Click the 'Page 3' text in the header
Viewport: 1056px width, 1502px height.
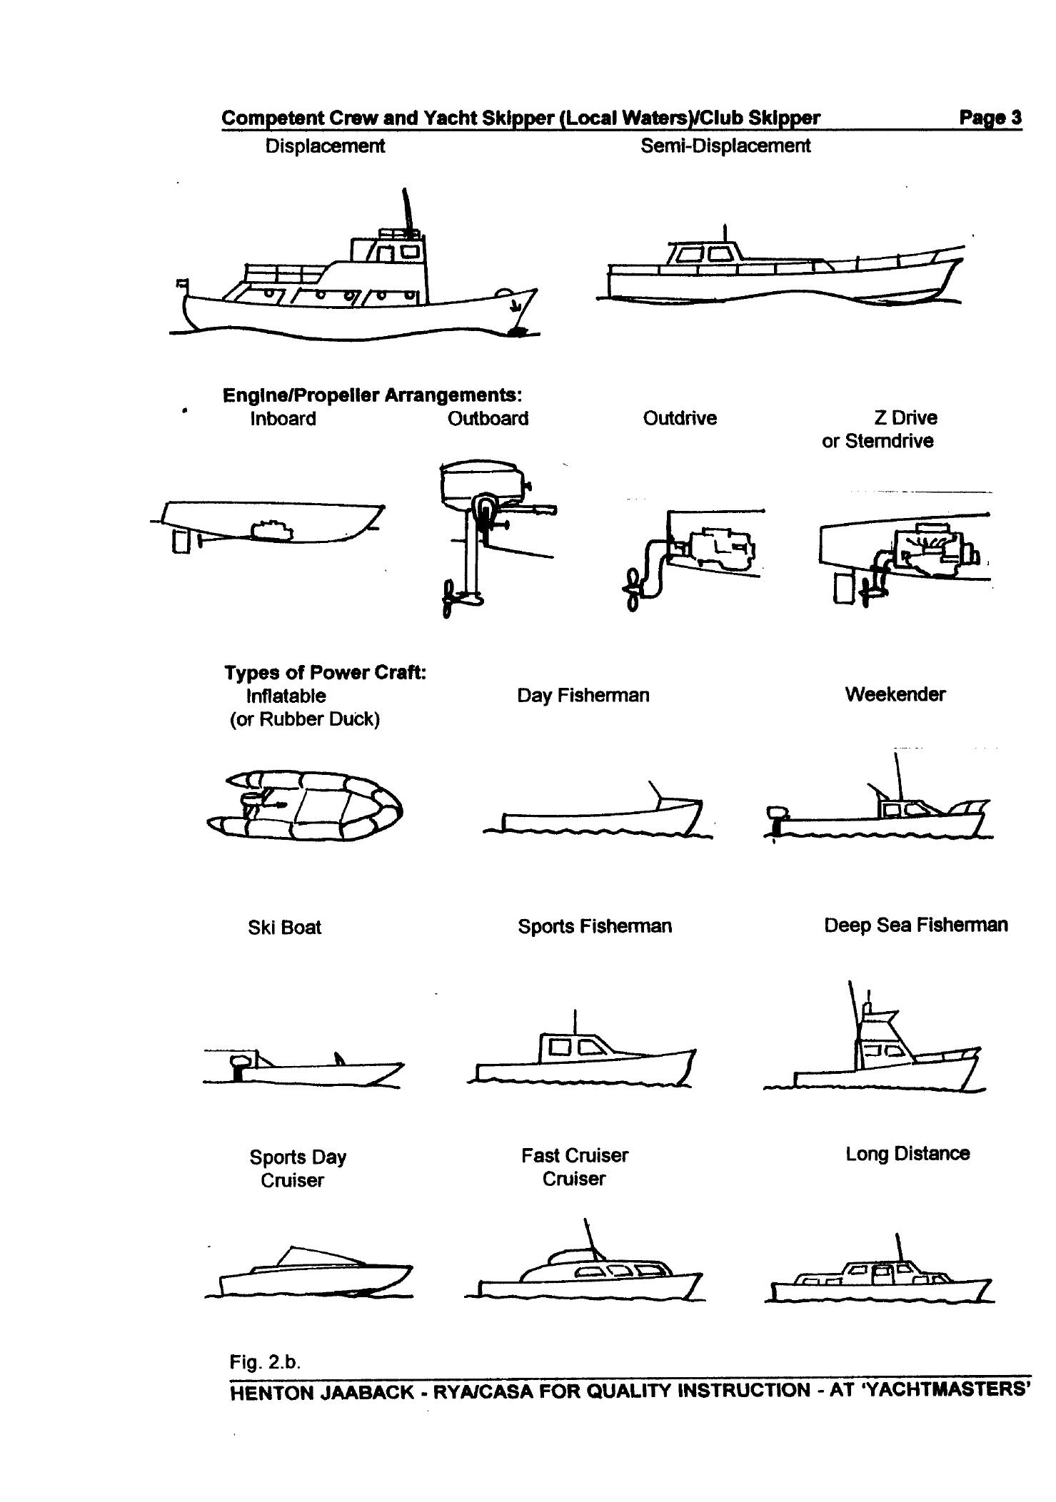pyautogui.click(x=990, y=118)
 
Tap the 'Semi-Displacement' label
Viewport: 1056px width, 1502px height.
pyautogui.click(x=725, y=146)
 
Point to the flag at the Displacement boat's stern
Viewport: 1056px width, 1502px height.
pyautogui.click(x=181, y=284)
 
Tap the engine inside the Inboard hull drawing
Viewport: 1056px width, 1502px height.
pyautogui.click(x=271, y=530)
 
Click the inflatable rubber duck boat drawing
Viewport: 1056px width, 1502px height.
pyautogui.click(x=303, y=806)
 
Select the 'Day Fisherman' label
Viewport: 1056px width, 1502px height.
pyautogui.click(x=583, y=696)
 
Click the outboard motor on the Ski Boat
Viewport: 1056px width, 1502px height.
pyautogui.click(x=239, y=1066)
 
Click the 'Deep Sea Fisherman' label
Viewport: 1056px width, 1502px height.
pyautogui.click(x=915, y=925)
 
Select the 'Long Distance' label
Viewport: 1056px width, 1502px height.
pyautogui.click(x=907, y=1154)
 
